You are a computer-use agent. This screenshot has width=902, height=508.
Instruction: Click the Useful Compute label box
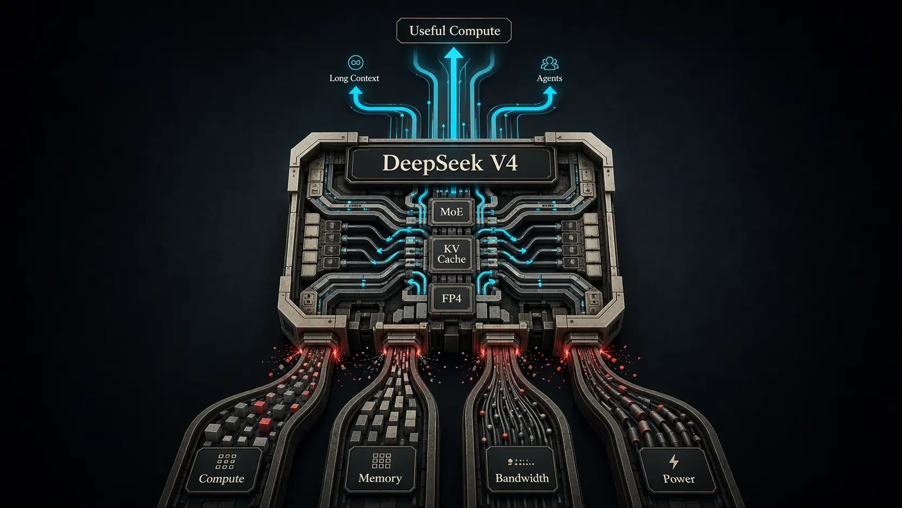pyautogui.click(x=454, y=31)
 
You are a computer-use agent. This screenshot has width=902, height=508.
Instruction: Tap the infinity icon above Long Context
pyautogui.click(x=355, y=63)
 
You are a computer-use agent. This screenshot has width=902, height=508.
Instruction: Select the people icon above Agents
pyautogui.click(x=549, y=63)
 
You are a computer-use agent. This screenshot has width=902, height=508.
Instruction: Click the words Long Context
pyautogui.click(x=354, y=78)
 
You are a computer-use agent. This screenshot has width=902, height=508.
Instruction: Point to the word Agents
pyautogui.click(x=549, y=78)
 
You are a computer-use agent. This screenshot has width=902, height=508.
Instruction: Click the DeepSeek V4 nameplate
pyautogui.click(x=450, y=163)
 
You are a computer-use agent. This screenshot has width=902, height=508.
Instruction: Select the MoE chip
pyautogui.click(x=452, y=212)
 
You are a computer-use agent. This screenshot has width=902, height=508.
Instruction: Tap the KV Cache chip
pyautogui.click(x=452, y=254)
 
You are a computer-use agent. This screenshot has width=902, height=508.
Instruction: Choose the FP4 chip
pyautogui.click(x=452, y=298)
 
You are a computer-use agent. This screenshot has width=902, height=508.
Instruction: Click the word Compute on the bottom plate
pyautogui.click(x=221, y=478)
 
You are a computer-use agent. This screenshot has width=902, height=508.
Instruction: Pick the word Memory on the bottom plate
pyautogui.click(x=380, y=478)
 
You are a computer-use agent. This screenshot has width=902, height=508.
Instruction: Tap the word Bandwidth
pyautogui.click(x=522, y=478)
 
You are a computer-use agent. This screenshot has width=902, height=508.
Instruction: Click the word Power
pyautogui.click(x=678, y=478)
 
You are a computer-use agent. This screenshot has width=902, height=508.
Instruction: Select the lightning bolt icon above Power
pyautogui.click(x=674, y=462)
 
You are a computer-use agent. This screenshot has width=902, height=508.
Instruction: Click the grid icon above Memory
pyautogui.click(x=381, y=460)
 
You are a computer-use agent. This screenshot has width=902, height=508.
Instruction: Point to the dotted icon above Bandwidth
pyautogui.click(x=521, y=462)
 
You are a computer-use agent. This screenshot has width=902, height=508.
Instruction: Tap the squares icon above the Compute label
pyautogui.click(x=226, y=461)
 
